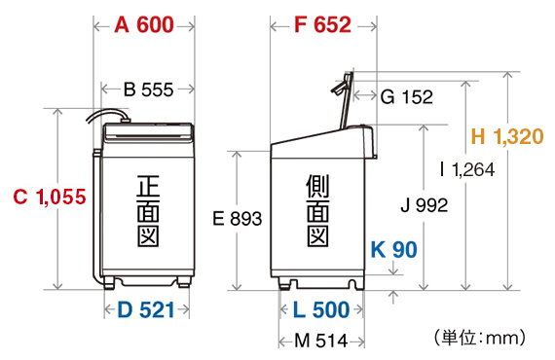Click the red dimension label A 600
tap(144, 25)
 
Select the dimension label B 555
tap(148, 90)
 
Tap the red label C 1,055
tap(50, 197)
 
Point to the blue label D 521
tap(146, 309)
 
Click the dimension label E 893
tap(238, 218)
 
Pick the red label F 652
tap(323, 25)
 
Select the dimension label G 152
tap(407, 96)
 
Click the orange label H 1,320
tap(507, 136)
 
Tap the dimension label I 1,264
tap(466, 169)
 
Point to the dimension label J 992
tap(425, 205)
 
